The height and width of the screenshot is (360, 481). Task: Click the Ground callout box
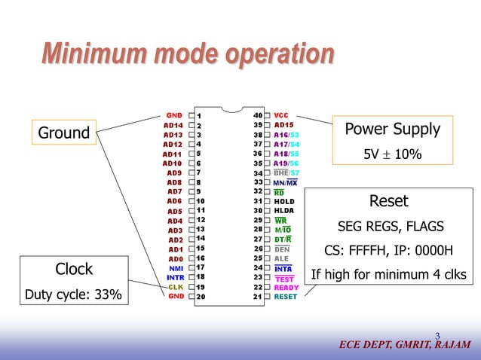coord(64,134)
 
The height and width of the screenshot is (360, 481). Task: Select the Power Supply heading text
coord(392,129)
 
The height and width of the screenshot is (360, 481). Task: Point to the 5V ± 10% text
coord(392,154)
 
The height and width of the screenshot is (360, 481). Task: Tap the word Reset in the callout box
coord(389,201)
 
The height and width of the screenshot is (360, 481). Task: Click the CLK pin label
coord(176,287)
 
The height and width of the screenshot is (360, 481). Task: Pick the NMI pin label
coord(176,267)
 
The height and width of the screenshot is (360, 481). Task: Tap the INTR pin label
coord(175,277)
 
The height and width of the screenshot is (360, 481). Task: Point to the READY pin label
coord(286,287)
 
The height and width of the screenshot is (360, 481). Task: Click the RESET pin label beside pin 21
coord(286,297)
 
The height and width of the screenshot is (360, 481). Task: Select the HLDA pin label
coord(284,211)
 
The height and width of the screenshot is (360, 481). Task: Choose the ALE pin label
coord(282,258)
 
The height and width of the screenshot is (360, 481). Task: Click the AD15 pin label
coord(284,124)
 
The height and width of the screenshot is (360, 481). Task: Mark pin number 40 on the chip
coord(257,115)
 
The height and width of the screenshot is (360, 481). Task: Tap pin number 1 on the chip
coord(199,115)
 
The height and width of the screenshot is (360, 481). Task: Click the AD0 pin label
coord(176,258)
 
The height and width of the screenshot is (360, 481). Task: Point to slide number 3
coord(437,336)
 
